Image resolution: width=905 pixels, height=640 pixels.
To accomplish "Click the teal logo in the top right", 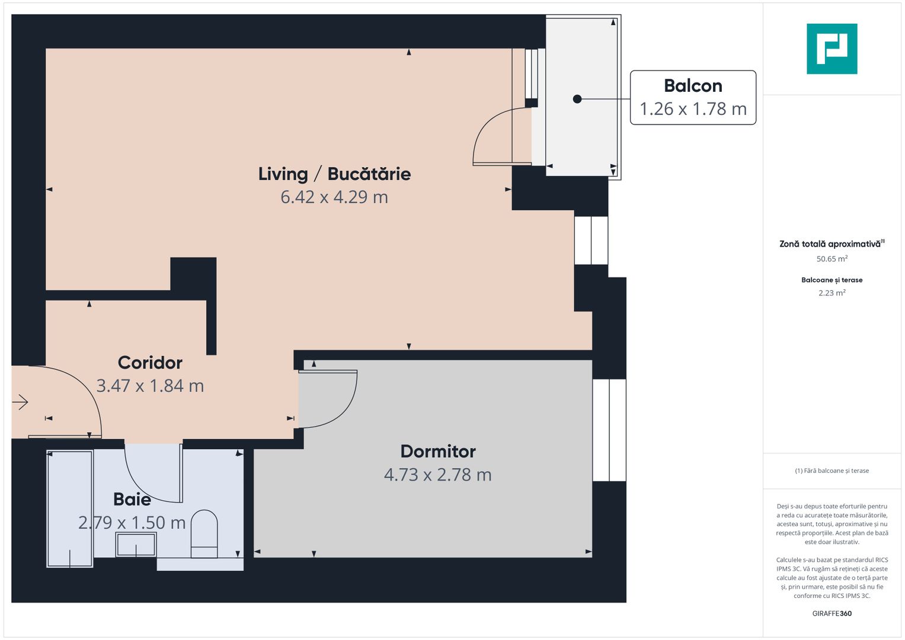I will [832, 49].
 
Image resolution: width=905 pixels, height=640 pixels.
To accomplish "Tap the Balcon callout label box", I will [693, 98].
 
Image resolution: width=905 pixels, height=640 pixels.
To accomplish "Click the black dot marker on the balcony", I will [577, 99].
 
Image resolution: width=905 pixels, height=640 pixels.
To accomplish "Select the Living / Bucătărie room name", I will [334, 174].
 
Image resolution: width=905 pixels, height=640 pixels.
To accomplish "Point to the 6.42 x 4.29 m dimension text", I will [334, 197].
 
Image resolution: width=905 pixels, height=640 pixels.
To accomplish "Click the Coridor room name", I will [150, 362].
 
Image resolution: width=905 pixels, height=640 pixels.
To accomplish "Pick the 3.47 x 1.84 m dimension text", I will [150, 386].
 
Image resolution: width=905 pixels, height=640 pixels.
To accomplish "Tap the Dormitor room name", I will [438, 451].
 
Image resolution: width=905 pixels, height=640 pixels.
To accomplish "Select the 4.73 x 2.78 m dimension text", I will [438, 475].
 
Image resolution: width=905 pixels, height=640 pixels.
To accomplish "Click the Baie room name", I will [132, 499].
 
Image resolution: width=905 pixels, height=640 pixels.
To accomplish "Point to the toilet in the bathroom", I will [204, 533].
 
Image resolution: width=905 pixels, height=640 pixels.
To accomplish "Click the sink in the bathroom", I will [136, 544].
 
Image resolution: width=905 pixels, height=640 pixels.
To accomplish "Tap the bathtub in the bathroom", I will [70, 508].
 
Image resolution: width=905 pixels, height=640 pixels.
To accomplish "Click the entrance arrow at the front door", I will [20, 402].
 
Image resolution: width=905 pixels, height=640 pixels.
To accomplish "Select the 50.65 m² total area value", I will [832, 259].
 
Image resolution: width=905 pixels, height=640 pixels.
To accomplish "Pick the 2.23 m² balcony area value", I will [832, 293].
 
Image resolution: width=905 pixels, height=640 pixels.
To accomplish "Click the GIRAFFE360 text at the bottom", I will [832, 613].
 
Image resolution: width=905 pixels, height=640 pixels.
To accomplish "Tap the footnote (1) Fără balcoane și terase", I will [832, 471].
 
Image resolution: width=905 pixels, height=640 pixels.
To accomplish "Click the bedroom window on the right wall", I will [609, 430].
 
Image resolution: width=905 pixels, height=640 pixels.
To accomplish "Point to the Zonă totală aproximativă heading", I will [830, 244].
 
